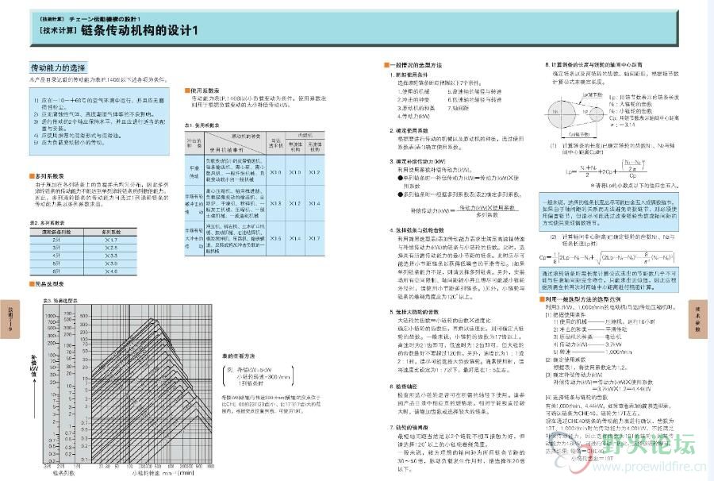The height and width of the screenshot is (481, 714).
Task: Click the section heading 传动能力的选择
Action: coord(57,68)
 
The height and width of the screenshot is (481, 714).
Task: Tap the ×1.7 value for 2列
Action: coord(111,239)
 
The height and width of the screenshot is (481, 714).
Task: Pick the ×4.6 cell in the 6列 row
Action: coord(111,271)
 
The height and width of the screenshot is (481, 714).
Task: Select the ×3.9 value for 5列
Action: coord(111,263)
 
